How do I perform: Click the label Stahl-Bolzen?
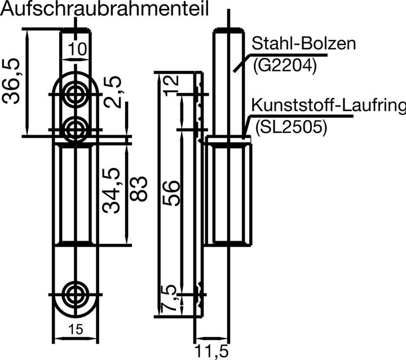click(304, 44)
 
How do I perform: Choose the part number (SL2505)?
click(290, 128)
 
